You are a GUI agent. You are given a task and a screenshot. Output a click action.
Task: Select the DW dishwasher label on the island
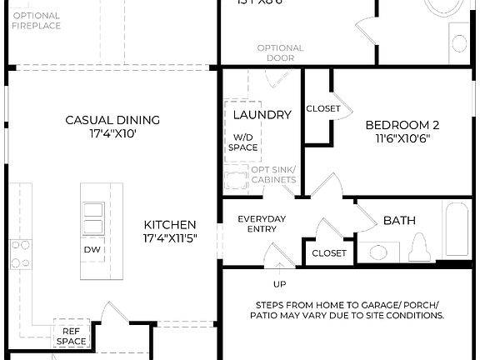(92, 249)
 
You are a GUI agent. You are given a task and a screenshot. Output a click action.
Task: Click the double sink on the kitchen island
(93, 219)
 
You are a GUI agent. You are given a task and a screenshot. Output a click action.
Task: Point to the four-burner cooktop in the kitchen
(20, 254)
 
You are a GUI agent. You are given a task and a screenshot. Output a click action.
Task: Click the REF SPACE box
(71, 336)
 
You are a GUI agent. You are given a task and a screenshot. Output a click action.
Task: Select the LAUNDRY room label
(262, 114)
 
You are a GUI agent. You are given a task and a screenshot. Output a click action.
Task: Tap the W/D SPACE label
(244, 142)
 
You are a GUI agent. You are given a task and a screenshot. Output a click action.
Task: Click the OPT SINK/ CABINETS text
(273, 175)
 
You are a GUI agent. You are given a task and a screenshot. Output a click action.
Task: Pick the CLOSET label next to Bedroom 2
(322, 108)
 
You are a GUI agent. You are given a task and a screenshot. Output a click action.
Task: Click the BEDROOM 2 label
(402, 125)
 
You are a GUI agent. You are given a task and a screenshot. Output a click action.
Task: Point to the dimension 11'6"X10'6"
(402, 139)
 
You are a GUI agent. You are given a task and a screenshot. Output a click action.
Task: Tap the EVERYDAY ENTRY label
(262, 223)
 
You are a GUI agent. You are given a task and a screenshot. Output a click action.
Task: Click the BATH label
(399, 221)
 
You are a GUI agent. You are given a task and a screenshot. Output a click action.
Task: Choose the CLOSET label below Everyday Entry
(328, 253)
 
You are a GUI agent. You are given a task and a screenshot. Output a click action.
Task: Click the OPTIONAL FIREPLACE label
(36, 21)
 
